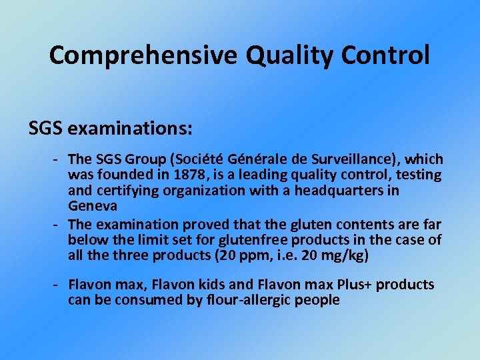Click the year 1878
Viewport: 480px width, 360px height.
(183, 175)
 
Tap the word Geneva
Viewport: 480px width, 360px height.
(92, 206)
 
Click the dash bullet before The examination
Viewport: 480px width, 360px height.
(58, 224)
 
